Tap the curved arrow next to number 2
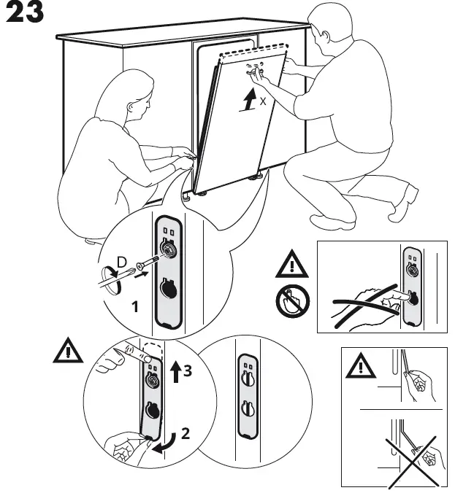pyautogui.click(x=167, y=440)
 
